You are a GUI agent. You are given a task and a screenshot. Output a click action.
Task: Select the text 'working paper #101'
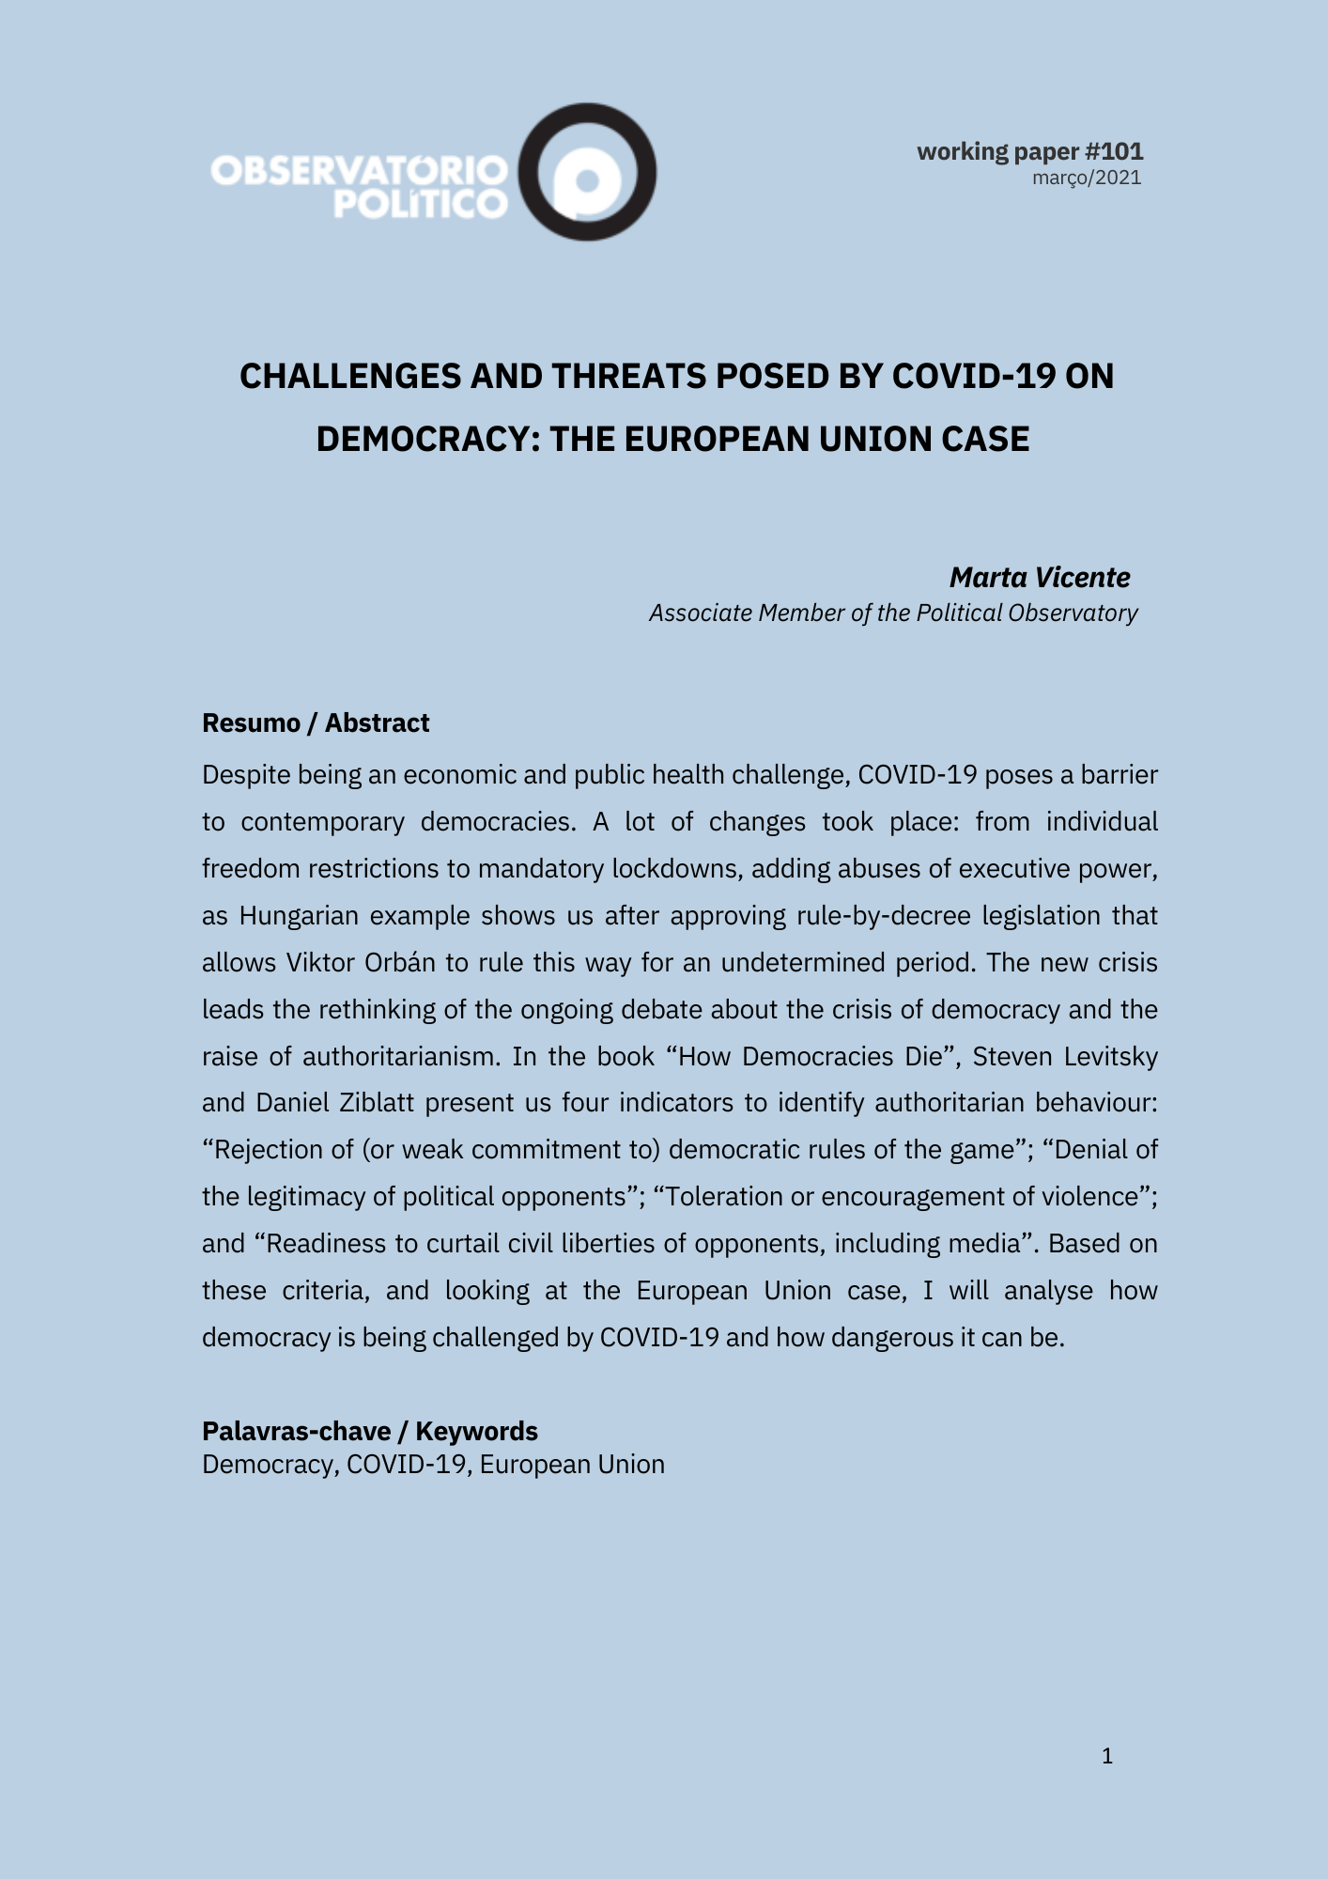tap(1029, 151)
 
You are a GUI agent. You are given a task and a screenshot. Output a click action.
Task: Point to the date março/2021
tap(1087, 178)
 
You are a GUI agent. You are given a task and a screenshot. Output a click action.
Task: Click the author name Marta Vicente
tap(1040, 577)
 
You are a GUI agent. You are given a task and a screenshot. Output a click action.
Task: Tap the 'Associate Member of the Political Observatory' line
tap(893, 613)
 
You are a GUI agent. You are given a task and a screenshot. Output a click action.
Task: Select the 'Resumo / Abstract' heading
tap(316, 722)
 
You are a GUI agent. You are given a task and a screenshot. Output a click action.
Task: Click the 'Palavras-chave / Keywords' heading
tap(369, 1431)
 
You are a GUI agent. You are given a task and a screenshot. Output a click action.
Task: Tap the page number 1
tap(1107, 1756)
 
